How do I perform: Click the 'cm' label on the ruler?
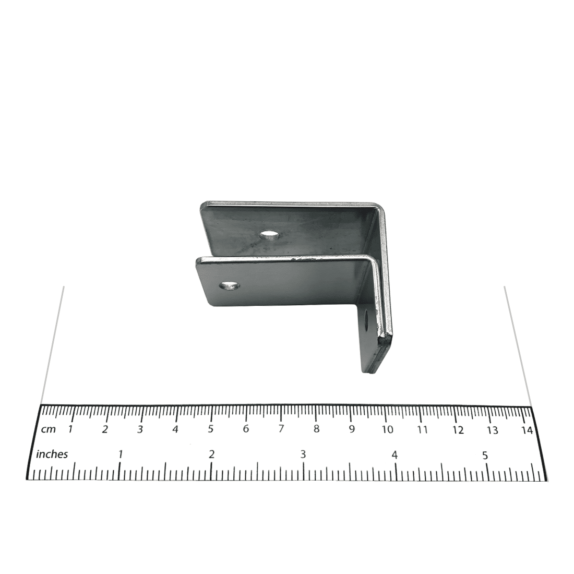48,428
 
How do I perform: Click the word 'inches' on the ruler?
52,454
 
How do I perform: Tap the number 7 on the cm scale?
281,428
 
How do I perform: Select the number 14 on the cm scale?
527,430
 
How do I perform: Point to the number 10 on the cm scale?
387,429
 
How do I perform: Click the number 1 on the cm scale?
70,428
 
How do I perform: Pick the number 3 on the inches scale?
303,455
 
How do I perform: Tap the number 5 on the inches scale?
485,456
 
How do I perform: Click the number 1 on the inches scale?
120,455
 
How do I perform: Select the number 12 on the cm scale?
458,430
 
